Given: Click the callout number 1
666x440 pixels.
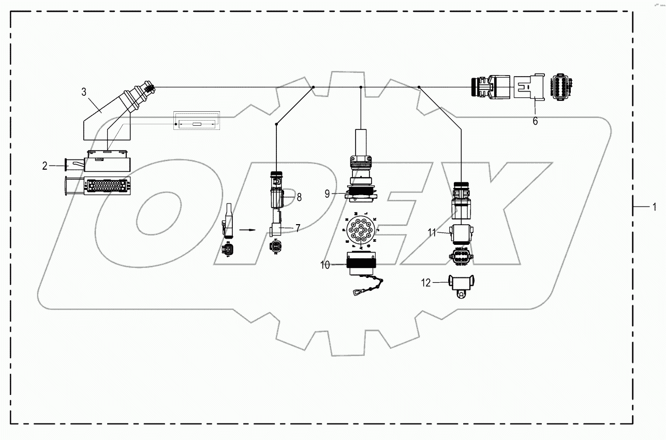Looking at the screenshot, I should [x=654, y=207].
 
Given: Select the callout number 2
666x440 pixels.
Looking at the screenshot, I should [x=45, y=166].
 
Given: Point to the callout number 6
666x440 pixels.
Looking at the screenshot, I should [x=535, y=121].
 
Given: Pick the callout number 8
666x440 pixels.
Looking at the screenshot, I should [x=299, y=197].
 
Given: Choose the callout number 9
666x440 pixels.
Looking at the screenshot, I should [x=327, y=194].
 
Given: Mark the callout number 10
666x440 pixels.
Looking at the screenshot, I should [x=324, y=266].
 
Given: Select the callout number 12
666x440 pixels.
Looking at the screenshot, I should [x=425, y=283].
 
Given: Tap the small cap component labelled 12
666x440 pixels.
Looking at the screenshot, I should [x=460, y=285].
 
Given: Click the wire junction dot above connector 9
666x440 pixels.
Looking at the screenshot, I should [x=360, y=87].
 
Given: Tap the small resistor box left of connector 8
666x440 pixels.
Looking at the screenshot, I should [x=196, y=124].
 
